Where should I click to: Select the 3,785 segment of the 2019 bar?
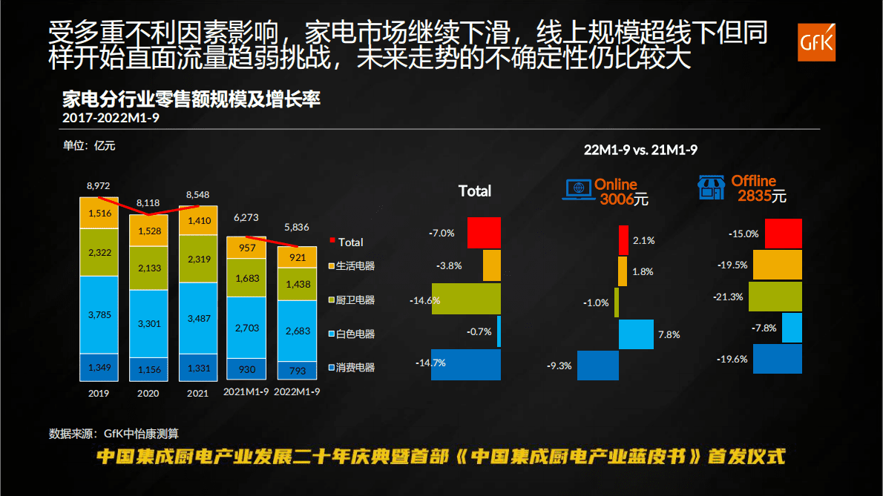99,314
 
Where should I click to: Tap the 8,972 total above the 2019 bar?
99,185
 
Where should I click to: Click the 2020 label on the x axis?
148,393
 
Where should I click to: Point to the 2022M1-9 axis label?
297,393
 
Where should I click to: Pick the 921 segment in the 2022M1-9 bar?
297,257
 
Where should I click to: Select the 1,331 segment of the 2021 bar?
198,364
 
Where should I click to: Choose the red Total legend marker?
332,241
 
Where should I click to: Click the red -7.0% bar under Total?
484,233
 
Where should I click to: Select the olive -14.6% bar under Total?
466,300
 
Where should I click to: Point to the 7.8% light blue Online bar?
636,334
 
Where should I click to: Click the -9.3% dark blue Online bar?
597,366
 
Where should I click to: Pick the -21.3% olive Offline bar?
775,297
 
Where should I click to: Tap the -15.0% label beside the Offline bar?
744,234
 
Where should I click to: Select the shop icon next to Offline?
710,188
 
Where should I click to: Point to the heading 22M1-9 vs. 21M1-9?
640,150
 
